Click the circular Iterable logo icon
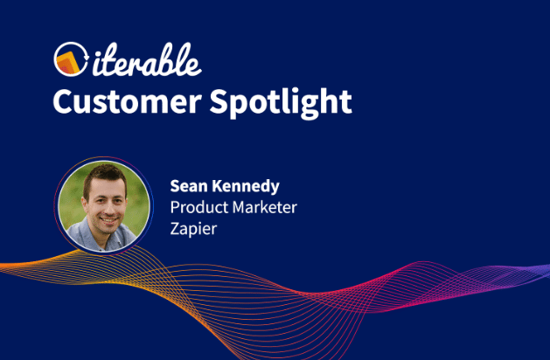71,59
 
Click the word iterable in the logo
147,59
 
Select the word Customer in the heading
128,101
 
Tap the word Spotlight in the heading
281,103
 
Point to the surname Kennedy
246,186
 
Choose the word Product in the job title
199,207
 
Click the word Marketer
265,207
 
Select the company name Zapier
193,229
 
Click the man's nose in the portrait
107,209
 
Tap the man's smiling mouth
108,220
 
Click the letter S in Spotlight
219,101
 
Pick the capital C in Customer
62,101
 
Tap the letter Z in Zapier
175,229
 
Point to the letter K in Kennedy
218,186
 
